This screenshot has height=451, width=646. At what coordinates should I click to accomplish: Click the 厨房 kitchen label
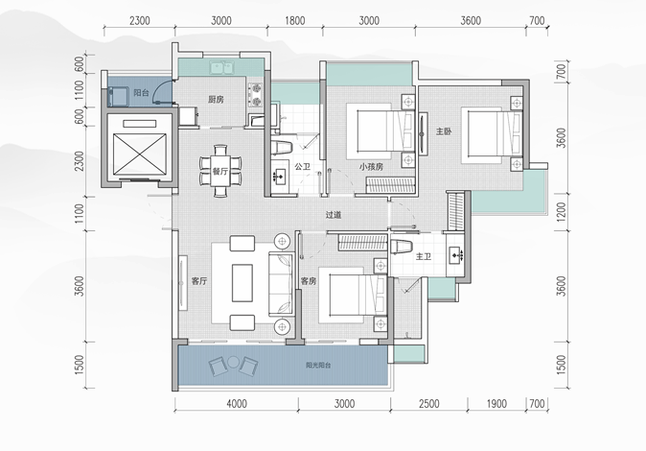pos(216,99)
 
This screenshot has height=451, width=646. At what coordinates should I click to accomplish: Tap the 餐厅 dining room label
pos(220,171)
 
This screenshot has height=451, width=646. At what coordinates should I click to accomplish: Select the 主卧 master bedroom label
pos(444,131)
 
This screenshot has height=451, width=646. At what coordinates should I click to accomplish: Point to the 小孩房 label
pos(371,166)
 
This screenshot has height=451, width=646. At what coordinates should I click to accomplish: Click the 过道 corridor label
pos(334,215)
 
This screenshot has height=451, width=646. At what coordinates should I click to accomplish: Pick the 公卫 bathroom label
pos(302,166)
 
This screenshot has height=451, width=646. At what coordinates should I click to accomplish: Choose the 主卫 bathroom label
pos(423,256)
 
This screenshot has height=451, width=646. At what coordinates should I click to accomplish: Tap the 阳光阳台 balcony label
pos(318,366)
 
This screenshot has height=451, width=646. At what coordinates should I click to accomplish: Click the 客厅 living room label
pos(199,281)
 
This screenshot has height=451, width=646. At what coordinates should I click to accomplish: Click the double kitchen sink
pos(222,68)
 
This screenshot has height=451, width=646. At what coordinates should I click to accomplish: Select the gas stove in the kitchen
pos(256,95)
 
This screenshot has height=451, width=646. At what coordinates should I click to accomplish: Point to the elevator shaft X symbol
pos(140,154)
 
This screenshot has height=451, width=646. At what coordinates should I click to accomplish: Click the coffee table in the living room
pos(242,283)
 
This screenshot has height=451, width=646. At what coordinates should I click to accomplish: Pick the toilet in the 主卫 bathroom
pos(402,247)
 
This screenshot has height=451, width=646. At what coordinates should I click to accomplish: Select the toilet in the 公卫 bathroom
pos(282,148)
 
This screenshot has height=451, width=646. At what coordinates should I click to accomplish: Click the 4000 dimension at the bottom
pos(237,403)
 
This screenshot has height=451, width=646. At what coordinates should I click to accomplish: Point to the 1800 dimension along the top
pos(295,21)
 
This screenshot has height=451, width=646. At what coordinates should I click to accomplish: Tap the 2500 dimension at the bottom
pos(428,403)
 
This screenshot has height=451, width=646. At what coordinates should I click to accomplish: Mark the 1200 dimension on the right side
pos(561,211)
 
